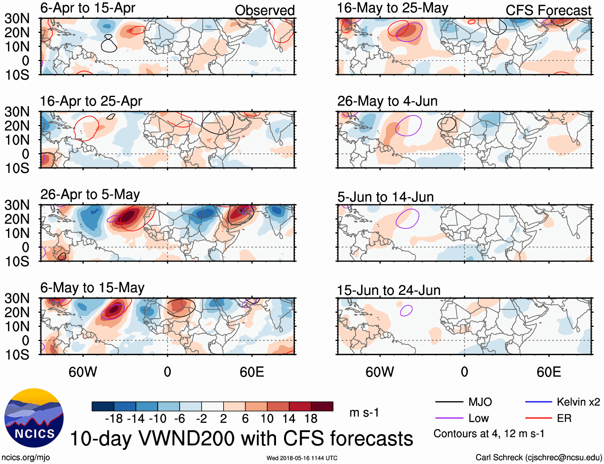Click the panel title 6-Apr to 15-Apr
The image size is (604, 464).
click(88, 8)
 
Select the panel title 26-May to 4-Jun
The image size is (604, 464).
click(387, 101)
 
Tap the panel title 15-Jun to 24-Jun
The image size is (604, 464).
click(388, 290)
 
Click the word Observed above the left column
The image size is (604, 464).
click(264, 10)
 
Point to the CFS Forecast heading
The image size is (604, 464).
click(548, 10)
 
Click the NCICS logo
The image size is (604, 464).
click(34, 418)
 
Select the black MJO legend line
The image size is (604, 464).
click(449, 402)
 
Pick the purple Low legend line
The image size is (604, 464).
click(449, 418)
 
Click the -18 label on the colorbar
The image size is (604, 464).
click(114, 419)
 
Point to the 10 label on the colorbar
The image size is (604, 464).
click(267, 419)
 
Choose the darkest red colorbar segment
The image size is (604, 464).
click(322, 406)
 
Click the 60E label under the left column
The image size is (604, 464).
click(252, 372)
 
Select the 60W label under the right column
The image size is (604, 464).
click(380, 372)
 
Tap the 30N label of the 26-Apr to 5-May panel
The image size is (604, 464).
click(17, 205)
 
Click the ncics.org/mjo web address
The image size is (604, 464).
click(26, 457)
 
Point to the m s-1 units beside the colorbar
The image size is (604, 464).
click(364, 412)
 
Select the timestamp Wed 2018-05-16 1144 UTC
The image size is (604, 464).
click(302, 458)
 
